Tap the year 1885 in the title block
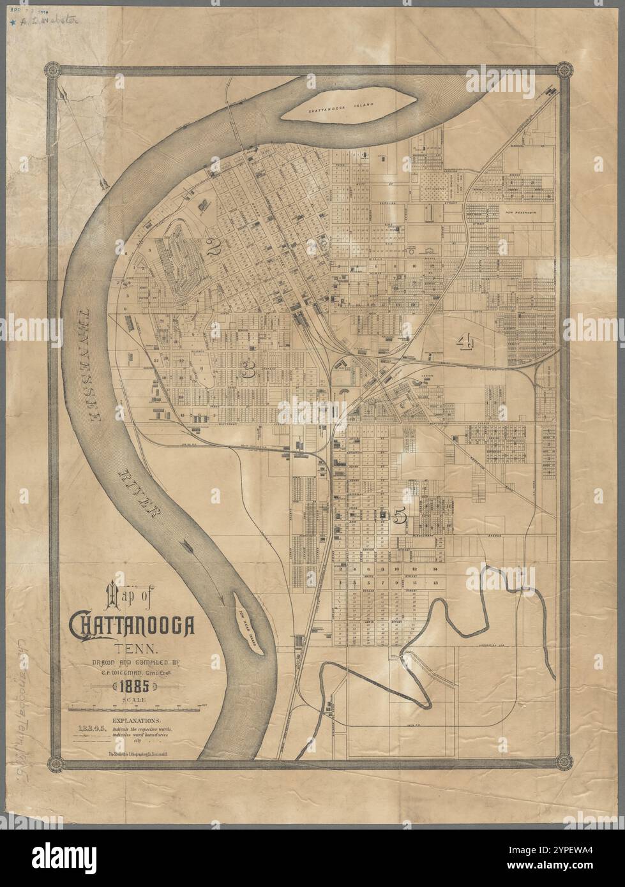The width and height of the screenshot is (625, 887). [133, 687]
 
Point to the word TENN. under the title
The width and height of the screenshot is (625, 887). [142, 648]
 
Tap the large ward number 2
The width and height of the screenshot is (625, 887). [213, 249]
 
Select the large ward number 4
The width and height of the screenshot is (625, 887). [465, 342]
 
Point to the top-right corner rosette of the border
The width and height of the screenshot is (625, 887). [564, 69]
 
